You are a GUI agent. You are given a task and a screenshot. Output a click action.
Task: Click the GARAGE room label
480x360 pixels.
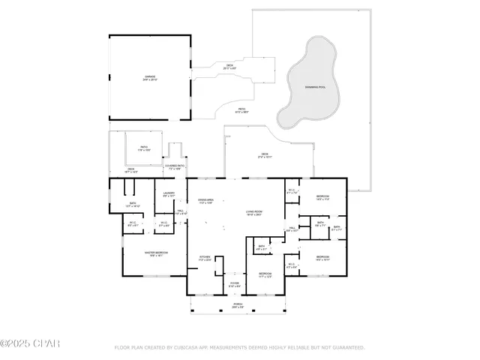[x=151, y=77]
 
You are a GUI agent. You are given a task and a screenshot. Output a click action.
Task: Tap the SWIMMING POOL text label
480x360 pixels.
[x=315, y=88]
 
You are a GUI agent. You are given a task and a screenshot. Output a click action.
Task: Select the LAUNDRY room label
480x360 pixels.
[x=169, y=194]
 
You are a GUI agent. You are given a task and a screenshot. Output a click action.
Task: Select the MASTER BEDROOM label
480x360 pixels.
[x=156, y=253]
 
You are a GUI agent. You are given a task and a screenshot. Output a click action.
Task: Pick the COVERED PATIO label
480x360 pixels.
[x=175, y=166]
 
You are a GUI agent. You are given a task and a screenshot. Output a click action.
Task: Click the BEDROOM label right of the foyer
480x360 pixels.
[x=265, y=274]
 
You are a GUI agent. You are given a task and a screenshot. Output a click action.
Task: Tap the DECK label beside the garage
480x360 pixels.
[x=229, y=66]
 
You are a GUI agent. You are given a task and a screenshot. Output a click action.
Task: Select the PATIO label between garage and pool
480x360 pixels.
[x=242, y=110]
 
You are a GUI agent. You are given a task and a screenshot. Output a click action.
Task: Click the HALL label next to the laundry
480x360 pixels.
[x=180, y=212]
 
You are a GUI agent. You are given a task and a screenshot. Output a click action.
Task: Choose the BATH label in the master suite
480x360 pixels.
[x=132, y=203]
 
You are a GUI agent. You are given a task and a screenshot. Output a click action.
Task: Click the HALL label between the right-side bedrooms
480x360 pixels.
[x=292, y=229]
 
